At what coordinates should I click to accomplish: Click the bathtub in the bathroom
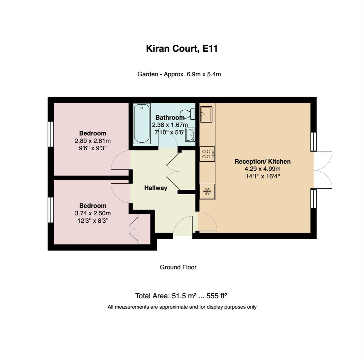(141, 124)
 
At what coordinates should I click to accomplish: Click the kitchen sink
(206, 114)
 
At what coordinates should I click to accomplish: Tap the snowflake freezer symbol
(207, 192)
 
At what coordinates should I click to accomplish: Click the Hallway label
(155, 188)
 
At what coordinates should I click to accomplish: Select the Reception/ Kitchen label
(263, 162)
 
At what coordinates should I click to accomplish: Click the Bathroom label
(170, 118)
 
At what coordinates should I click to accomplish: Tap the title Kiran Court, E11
(182, 49)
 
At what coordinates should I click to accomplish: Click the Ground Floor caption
(178, 267)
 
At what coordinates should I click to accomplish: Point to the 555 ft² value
(217, 296)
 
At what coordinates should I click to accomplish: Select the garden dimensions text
(179, 74)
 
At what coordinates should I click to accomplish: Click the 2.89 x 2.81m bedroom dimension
(93, 141)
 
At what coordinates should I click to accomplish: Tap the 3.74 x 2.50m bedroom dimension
(93, 213)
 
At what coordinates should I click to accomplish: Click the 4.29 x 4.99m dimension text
(263, 169)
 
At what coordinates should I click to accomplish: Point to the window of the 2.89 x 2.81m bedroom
(51, 134)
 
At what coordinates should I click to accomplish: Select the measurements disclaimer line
(182, 307)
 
